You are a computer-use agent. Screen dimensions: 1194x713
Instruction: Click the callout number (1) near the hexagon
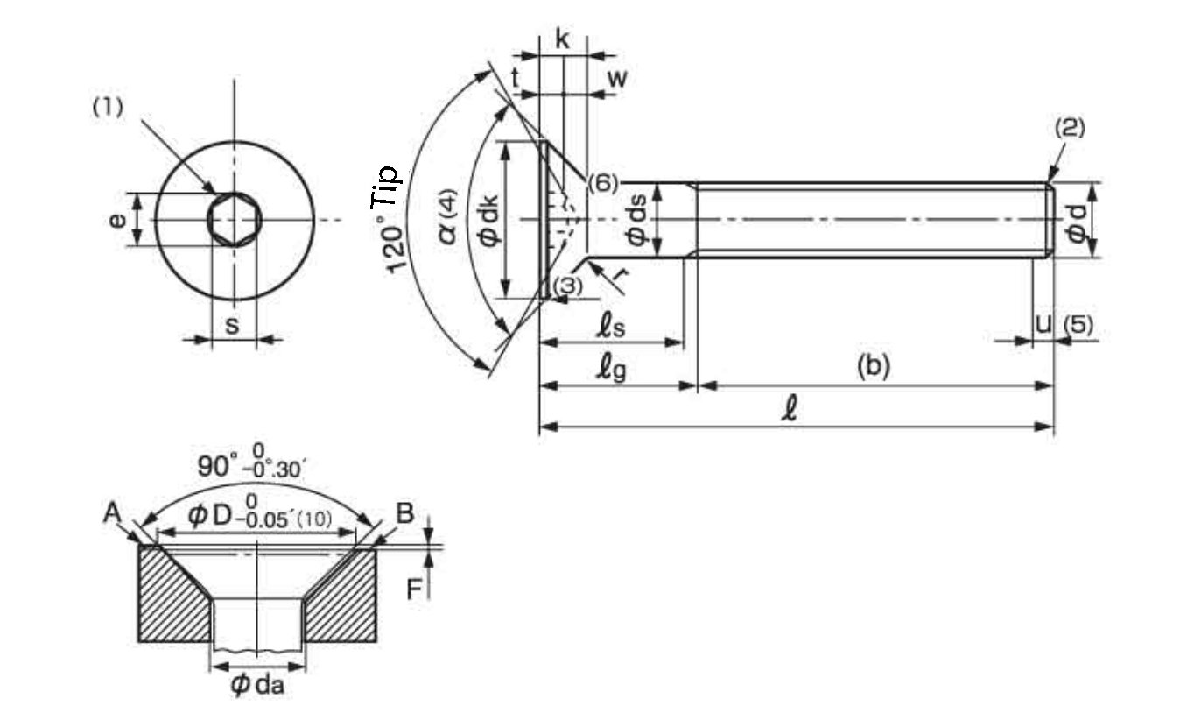pos(108,108)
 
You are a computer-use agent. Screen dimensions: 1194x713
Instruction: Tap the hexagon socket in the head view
pos(235,219)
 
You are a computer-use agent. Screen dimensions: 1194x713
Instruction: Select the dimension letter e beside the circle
pos(116,220)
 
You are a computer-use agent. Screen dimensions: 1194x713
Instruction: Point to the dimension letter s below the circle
pos(232,325)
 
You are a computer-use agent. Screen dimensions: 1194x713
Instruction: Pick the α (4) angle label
pos(449,216)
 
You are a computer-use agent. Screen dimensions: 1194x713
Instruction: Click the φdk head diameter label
pos(488,220)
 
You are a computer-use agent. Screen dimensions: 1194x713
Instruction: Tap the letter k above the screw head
pos(562,39)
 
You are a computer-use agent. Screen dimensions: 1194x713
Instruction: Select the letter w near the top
pos(617,79)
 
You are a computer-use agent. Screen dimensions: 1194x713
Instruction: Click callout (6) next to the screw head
pos(603,183)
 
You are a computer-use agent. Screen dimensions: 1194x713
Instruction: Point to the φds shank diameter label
pos(636,220)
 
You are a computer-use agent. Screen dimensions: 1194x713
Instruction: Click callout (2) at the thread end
pos(1070,128)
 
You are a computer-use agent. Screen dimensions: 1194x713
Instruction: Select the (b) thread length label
pos(874,366)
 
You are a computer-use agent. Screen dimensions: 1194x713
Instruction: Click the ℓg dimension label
pos(611,369)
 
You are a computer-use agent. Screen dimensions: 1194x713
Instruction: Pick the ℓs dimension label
pos(611,327)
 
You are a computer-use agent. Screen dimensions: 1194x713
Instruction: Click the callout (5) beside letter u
pos(1078,324)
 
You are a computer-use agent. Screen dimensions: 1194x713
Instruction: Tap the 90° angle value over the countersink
pos(214,466)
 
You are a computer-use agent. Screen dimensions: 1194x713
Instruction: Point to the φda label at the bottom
pos(257,684)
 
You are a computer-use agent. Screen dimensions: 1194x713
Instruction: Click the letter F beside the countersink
pos(414,589)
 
